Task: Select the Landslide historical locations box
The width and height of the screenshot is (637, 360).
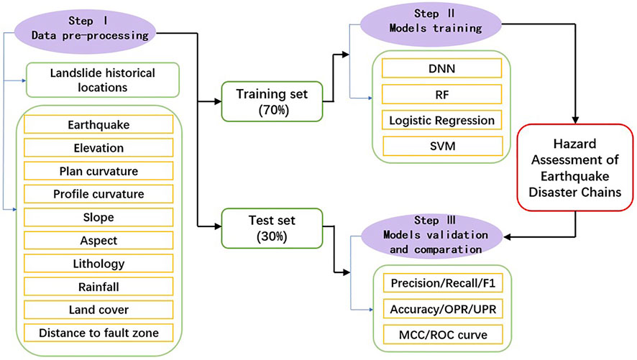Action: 102,80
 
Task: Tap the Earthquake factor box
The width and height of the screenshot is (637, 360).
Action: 98,124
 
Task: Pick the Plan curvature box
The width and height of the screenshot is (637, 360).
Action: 98,171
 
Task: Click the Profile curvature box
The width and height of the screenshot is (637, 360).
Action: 98,194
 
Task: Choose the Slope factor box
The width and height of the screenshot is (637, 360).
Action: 98,217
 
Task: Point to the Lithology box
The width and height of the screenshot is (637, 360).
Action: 98,264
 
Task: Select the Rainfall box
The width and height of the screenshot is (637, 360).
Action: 98,287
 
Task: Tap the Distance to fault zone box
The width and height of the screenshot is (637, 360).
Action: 98,333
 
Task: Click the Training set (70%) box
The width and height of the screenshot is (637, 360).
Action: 272,101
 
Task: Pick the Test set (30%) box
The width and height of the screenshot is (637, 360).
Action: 272,228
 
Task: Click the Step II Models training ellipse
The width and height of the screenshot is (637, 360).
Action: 431,24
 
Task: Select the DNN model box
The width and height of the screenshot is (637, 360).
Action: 441,68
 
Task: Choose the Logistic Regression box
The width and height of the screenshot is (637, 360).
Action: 441,120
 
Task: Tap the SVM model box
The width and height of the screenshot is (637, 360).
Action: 442,146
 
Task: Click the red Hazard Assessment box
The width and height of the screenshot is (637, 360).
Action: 575,167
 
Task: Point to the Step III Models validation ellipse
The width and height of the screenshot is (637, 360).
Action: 432,236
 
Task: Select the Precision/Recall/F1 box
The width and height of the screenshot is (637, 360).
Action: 443,283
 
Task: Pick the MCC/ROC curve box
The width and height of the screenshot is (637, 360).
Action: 443,335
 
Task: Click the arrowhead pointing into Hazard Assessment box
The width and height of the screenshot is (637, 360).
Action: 575,120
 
